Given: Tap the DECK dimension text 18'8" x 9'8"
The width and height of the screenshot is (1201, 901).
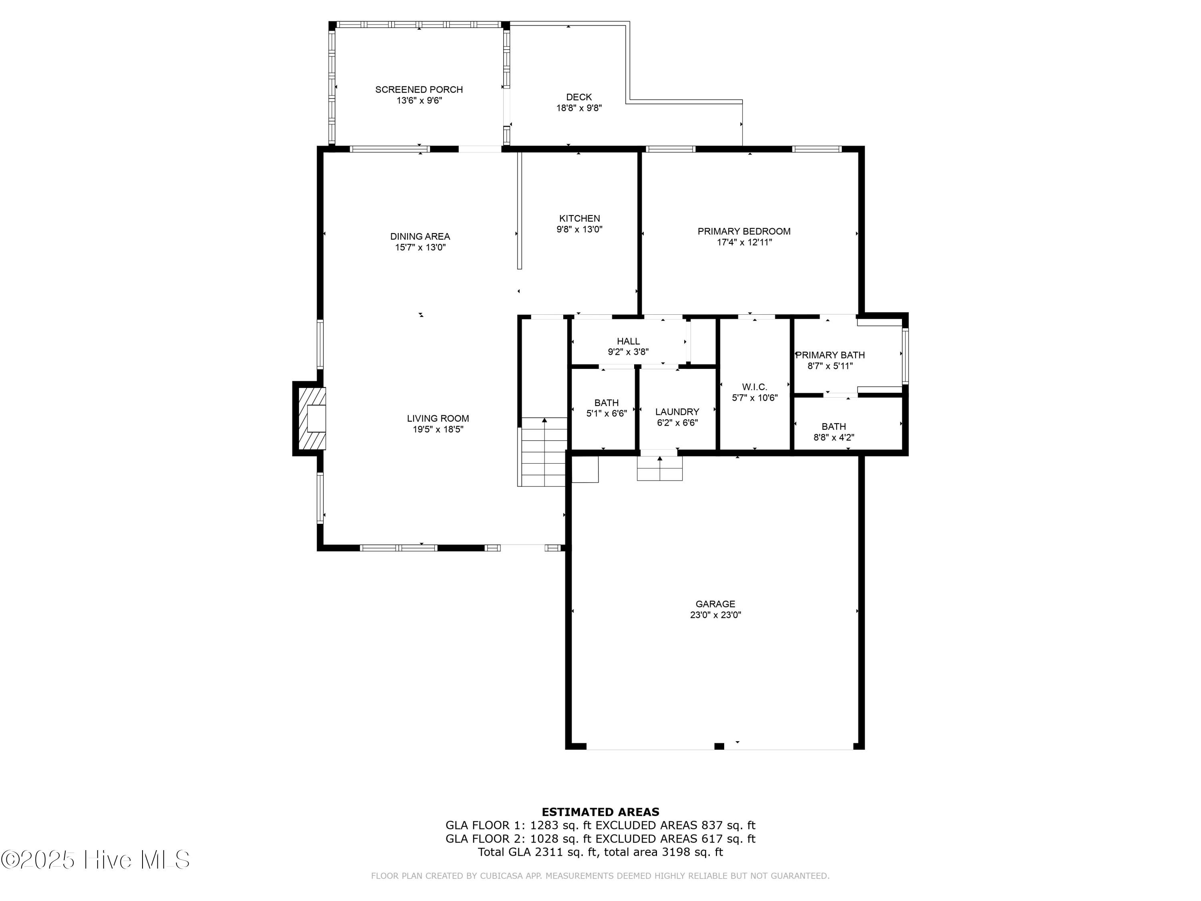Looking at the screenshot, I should tap(579, 108).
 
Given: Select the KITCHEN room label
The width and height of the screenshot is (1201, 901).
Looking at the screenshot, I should tap(579, 218).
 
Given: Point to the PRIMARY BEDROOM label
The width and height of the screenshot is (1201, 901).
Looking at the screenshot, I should tap(744, 231).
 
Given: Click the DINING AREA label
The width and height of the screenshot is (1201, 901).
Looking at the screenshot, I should tap(420, 236).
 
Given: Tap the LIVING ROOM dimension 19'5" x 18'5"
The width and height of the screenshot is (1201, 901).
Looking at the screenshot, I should tap(438, 430).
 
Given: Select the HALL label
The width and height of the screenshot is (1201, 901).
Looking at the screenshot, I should tap(628, 341).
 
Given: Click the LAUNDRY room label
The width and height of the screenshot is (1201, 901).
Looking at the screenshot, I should tap(677, 412).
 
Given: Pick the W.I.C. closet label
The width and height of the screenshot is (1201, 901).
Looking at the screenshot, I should tap(754, 387).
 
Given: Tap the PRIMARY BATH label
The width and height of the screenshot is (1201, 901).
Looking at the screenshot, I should tap(830, 355).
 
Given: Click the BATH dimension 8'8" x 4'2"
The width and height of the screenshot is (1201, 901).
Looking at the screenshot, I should tap(833, 437).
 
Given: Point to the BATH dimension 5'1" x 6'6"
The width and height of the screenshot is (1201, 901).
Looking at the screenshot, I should tap(606, 413).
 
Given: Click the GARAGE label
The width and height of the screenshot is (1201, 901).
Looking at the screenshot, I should tap(715, 604).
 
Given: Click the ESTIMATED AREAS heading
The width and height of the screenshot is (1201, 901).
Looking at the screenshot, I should tap(600, 812).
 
